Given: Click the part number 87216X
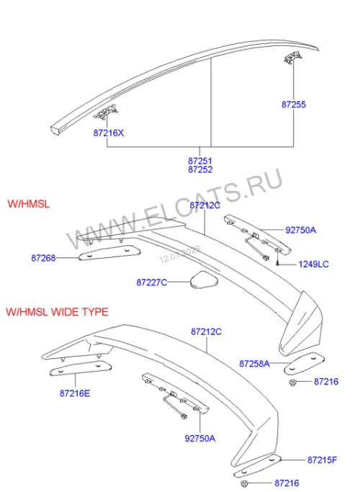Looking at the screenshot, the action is coord(109,133).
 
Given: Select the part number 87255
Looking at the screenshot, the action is coord(294,104).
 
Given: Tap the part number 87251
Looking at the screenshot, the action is coord(200,161).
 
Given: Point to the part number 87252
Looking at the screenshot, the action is coord(200,169).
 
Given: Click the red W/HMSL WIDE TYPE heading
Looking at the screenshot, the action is coord(57,312).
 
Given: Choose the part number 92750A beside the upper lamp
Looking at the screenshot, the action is coord(300,230).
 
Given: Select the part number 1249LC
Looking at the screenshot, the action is coord(314,264).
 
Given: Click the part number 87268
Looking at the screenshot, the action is coord(43,258).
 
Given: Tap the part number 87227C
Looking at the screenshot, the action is coord(152,282).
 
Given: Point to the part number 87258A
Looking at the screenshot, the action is coord(254,364).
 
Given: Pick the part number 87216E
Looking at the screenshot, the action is coord(75,393).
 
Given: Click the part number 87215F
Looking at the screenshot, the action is coord(322,460).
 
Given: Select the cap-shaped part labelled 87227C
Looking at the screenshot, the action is coord(204,280).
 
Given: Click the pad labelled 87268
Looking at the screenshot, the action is coord(109,253).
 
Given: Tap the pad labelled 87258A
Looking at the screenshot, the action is coord(304,363).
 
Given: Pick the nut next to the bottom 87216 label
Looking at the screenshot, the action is coord(244,483).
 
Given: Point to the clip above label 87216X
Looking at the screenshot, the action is coord(106,112).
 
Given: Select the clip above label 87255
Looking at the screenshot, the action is coord(293,58).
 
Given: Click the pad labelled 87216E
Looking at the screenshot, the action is coord(81,368).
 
